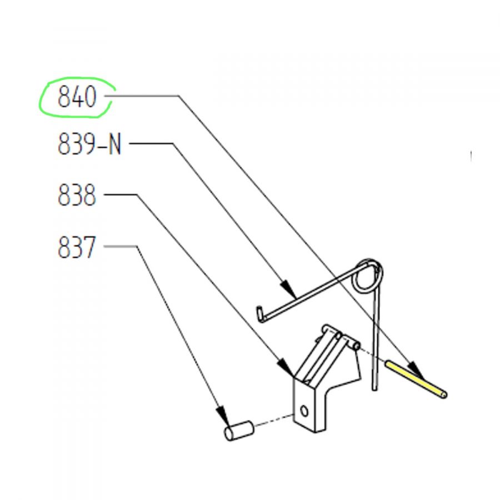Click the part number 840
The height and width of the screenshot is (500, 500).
coord(77,98)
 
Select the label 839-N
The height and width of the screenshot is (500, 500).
coord(89,146)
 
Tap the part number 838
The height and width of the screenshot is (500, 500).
coord(77,196)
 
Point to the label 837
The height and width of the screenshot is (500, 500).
coord(77,247)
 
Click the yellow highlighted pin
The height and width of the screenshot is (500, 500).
coord(416,379)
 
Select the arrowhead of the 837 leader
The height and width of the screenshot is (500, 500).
coord(223,415)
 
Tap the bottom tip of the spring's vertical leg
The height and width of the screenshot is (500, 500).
coord(375,387)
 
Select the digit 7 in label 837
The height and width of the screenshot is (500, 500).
coord(88,247)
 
